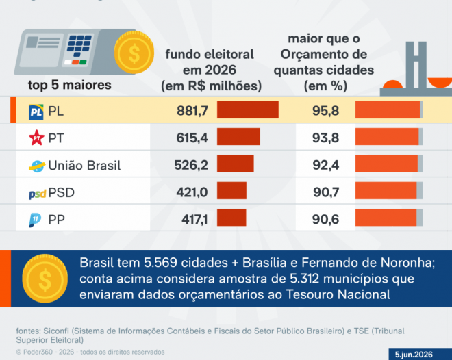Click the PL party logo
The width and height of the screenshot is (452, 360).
pos(36,112)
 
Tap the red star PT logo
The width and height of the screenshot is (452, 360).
pos(36,138)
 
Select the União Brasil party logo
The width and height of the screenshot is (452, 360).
pos(37,166)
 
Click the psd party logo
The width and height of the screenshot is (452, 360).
pos(37,194)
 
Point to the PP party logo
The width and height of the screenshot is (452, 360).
pos(35,220)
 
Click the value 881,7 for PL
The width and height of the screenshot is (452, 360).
pos(192,111)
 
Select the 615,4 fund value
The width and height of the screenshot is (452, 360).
pos(192,138)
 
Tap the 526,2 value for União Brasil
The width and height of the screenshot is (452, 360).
pos(191,165)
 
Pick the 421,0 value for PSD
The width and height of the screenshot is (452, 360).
pos(192,192)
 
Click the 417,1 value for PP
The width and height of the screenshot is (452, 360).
pos(194,220)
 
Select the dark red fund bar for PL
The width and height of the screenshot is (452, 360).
pos(248,110)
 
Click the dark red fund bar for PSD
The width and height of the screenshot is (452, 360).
pos(231,191)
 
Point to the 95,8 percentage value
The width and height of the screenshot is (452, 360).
pos(326,111)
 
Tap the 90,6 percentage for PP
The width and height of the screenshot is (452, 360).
pos(325,220)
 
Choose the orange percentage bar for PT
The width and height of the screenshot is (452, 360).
pos(387,137)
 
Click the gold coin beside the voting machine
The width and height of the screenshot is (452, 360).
pos(134,53)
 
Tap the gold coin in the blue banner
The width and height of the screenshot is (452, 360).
pos(45,278)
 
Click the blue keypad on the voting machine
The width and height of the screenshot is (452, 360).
pos(79,45)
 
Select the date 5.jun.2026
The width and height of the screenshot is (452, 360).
pos(414,355)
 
